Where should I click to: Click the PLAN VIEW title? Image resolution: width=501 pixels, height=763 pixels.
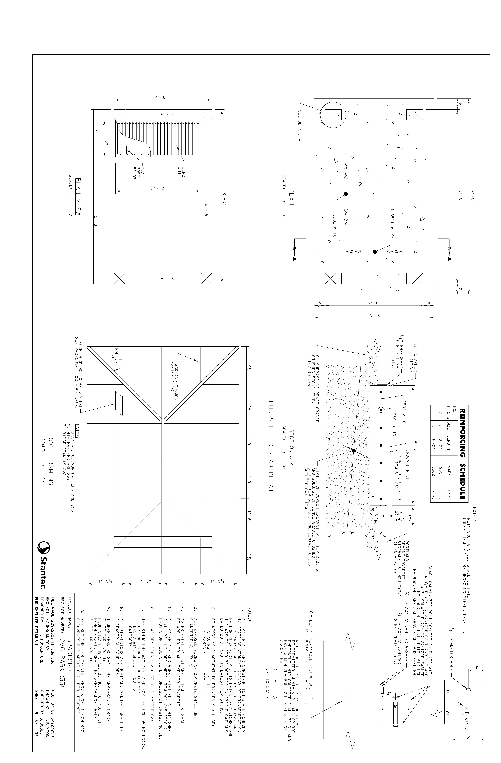78,197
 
